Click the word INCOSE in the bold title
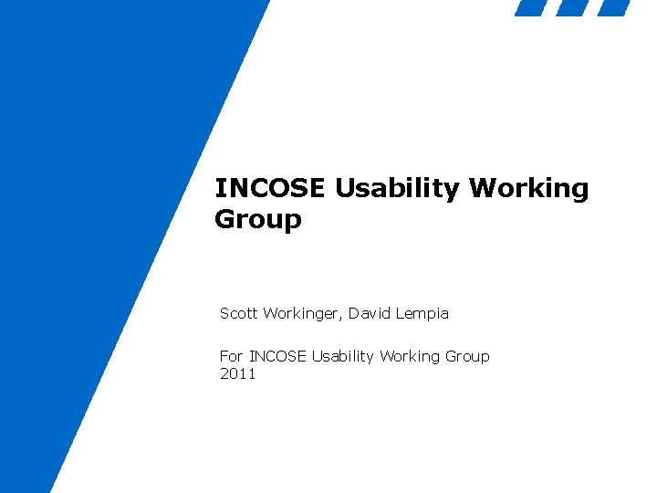point(270,189)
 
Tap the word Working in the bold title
point(529,189)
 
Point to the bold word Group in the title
point(257,220)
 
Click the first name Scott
point(239,313)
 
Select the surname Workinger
point(299,313)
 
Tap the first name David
point(368,313)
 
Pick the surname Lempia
point(421,313)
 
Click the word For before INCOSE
point(232,356)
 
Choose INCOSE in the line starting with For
point(278,356)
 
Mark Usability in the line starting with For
point(345,356)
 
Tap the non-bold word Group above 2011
point(467,356)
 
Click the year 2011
point(238,374)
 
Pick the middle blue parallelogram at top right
point(572,8)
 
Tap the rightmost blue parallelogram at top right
point(613,8)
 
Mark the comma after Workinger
point(339,318)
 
